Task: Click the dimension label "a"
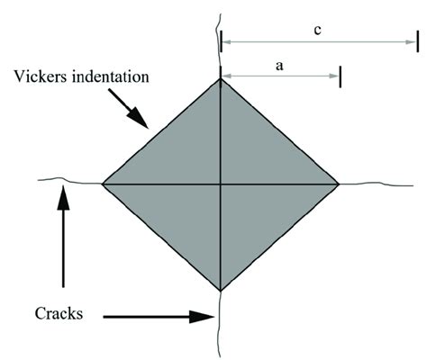[279, 65]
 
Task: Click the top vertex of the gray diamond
[221, 79]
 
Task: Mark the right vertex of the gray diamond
[340, 184]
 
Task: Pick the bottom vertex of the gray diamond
[221, 291]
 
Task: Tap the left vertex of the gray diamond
[102, 184]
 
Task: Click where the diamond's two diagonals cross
[221, 184]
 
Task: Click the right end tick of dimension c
[416, 40]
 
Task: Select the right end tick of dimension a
[341, 76]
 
